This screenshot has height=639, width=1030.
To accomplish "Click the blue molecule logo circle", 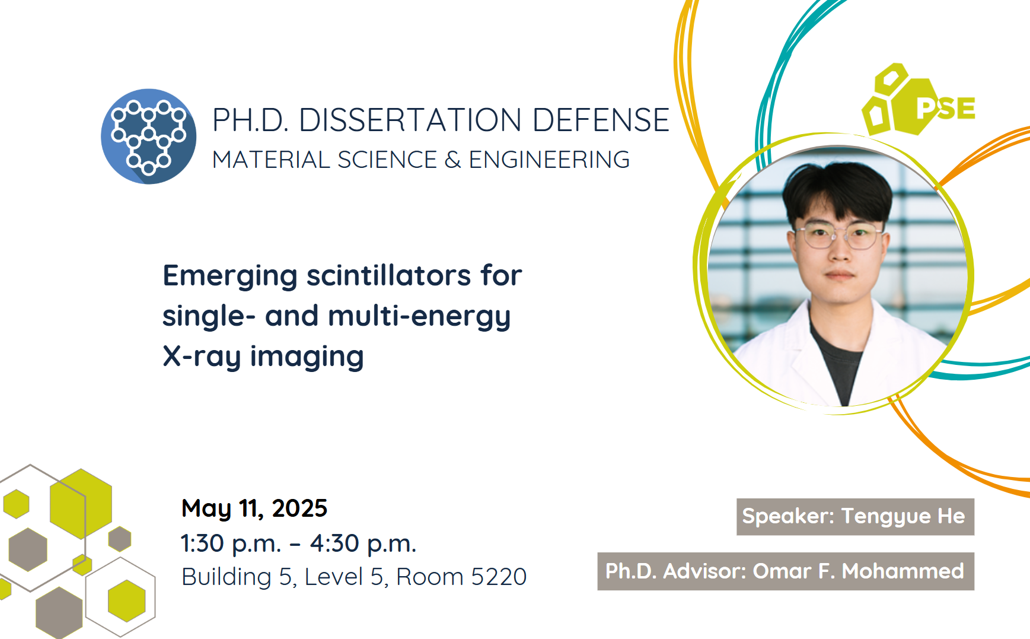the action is pyautogui.click(x=148, y=136).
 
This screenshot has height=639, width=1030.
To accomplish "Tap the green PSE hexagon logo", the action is pyautogui.click(x=918, y=100).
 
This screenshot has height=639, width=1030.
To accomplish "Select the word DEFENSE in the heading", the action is pyautogui.click(x=601, y=120).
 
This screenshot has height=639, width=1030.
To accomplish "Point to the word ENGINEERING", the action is pyautogui.click(x=549, y=160).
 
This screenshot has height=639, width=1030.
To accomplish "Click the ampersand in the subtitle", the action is pyautogui.click(x=452, y=160).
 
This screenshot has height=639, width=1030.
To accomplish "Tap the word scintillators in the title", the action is pyautogui.click(x=388, y=275).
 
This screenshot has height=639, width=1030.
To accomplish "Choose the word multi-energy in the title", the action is pyautogui.click(x=419, y=317).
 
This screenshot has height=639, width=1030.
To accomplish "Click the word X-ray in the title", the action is pyautogui.click(x=202, y=357).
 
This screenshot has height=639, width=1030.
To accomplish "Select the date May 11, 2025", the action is pyautogui.click(x=254, y=508).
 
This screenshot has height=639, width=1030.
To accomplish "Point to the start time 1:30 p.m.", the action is pyautogui.click(x=231, y=543).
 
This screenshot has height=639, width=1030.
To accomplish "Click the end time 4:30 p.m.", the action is pyautogui.click(x=363, y=543).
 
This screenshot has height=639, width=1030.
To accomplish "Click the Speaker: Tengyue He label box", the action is pyautogui.click(x=855, y=517).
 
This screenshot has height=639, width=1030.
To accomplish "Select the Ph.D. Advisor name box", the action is pyautogui.click(x=786, y=571).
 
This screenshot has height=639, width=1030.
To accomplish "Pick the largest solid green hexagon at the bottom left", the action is pyautogui.click(x=81, y=504).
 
